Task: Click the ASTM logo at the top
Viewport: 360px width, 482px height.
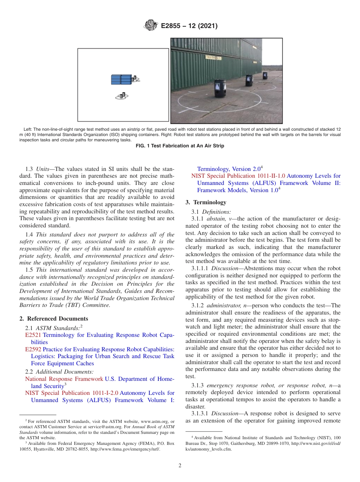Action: pos(151,26)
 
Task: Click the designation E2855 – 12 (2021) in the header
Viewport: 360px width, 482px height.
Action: pos(189,26)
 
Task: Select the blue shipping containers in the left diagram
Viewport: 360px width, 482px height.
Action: pos(121,80)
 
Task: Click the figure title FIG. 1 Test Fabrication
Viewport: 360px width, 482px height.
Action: pos(180,146)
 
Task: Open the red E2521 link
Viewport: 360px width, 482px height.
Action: pos(33,335)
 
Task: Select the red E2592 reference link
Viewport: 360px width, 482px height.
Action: pos(33,349)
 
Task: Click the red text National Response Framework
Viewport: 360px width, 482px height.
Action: pos(64,379)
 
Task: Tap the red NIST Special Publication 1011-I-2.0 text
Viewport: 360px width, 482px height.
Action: pos(72,393)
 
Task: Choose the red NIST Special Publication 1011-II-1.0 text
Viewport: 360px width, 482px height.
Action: pos(238,176)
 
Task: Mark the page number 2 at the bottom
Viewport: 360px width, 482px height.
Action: pos(180,466)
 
